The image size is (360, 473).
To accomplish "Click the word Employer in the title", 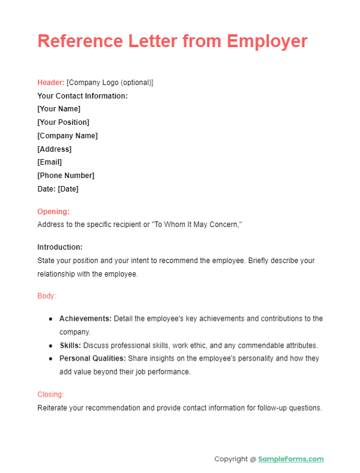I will pos(268,41).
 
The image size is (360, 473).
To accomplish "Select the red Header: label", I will pos(51,83).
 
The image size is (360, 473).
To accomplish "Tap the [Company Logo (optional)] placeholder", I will pos(110,83).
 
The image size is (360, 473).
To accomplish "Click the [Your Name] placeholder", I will pos(59,109).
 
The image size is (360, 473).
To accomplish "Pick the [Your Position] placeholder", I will pos(63,122).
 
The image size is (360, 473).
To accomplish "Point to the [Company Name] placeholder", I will pos(67,136).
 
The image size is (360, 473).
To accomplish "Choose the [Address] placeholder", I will pos(54,149).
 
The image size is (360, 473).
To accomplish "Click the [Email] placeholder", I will pos(50,162).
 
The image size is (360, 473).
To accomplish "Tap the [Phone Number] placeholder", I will pos(66,176).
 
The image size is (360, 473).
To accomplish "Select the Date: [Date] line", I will pos(58,189).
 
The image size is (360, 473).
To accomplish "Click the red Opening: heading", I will pos(53,212).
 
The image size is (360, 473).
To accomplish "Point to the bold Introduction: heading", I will pos(60,247).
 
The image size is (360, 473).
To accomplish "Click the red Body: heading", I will pos(47,296).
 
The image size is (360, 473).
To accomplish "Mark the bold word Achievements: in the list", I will pos(85,319).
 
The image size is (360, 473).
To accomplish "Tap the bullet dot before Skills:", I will pos(50,346).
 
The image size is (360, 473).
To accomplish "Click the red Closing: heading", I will pos(50,395).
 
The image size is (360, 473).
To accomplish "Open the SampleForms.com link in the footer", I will pos(291,459).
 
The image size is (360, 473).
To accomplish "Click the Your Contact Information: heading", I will pos(82,96).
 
